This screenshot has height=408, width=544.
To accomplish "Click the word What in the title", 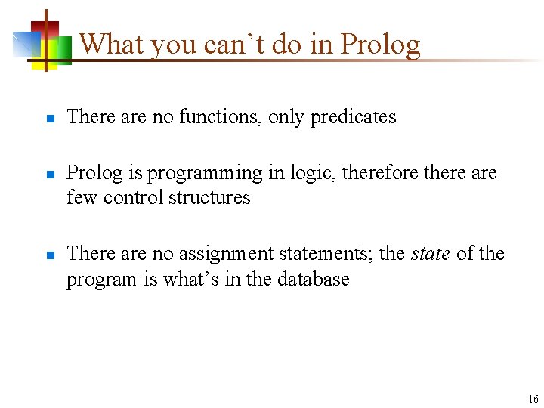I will coord(113,44).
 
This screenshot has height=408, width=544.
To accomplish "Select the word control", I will coord(133,197).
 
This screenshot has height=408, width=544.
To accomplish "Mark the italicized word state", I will coord(431,253).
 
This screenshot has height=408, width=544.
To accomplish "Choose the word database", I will coord(313,279).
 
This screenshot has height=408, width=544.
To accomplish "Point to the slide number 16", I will coord(533,399).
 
